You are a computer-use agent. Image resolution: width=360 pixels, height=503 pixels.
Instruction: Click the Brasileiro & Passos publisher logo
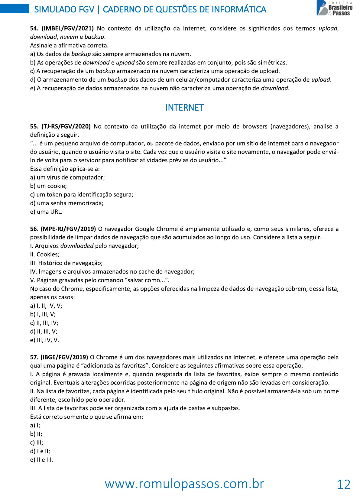(335, 8)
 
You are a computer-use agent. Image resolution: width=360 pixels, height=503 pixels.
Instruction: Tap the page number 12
(343, 485)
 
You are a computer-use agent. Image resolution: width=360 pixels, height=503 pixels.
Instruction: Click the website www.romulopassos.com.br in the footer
(184, 484)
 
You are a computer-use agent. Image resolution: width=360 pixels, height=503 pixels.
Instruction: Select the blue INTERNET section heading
(184, 108)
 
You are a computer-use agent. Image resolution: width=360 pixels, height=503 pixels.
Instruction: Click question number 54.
(34, 28)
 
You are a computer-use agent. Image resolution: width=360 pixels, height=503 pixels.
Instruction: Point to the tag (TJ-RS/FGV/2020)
(66, 126)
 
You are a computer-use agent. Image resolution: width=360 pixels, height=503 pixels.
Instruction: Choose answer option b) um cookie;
(48, 186)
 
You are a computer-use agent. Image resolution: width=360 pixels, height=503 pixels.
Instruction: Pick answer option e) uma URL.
(46, 212)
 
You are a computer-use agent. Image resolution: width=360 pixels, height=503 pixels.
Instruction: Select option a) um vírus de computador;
(67, 177)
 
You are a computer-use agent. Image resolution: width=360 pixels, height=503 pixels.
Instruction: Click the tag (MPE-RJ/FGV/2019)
(68, 229)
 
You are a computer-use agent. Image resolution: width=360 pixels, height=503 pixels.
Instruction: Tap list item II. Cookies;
(45, 255)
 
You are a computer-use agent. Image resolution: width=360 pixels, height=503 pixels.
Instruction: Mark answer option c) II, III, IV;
(44, 323)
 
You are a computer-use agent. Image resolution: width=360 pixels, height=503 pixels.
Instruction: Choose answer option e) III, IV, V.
(44, 340)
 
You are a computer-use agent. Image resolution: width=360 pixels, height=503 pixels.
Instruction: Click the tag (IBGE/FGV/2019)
(64, 357)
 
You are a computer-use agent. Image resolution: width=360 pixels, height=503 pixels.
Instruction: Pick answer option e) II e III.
(41, 460)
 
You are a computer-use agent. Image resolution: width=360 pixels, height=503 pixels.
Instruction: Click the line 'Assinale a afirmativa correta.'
(69, 45)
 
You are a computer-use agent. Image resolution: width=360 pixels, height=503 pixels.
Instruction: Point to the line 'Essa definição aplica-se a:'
(65, 169)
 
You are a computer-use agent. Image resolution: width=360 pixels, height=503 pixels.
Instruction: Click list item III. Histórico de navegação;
(66, 263)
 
